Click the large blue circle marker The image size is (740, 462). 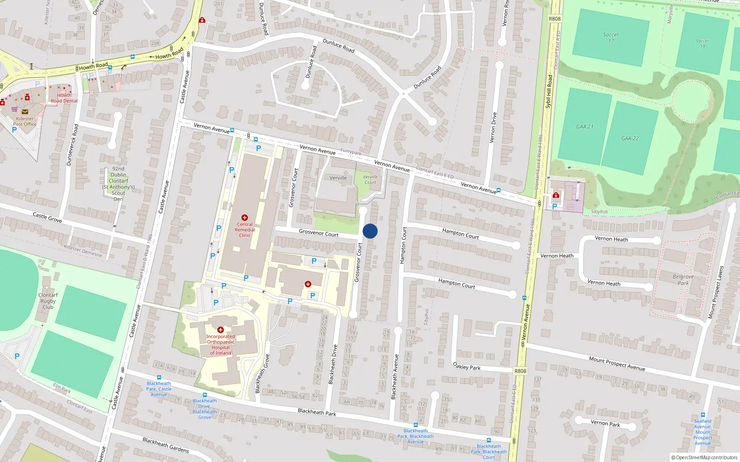click(x=370, y=231)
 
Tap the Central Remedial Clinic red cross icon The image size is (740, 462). click(x=245, y=218)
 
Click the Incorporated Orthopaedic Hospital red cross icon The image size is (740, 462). click(x=221, y=330)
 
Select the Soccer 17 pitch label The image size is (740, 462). click(x=611, y=38)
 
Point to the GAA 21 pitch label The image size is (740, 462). click(x=585, y=127)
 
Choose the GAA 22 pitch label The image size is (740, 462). click(x=630, y=138)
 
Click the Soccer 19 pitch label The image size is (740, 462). click(x=702, y=43)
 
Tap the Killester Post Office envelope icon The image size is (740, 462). click(x=25, y=112)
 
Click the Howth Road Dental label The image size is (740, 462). click(x=64, y=98)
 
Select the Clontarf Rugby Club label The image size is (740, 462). click(x=48, y=301)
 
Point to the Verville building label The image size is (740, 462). click(x=338, y=178)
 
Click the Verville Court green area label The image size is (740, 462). click(x=370, y=180)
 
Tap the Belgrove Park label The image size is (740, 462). click(x=683, y=280)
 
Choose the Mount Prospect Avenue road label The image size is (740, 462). click(x=617, y=363)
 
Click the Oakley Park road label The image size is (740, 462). click(x=467, y=366)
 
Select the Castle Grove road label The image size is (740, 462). click(x=47, y=217)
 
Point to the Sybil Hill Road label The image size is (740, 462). click(x=549, y=91)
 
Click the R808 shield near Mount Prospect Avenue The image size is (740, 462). click(x=520, y=371)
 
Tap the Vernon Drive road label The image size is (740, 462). click(x=493, y=128)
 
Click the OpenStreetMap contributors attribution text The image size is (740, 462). click(x=704, y=457)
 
